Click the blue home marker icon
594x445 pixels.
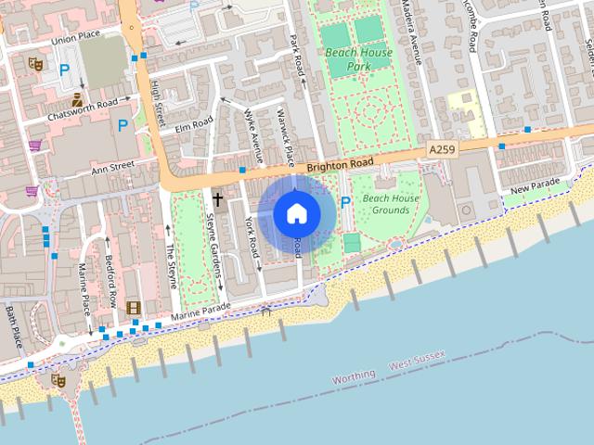pos(296,214)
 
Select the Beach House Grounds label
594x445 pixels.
pos(391,204)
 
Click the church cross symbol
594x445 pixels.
pos(218,198)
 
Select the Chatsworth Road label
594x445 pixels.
pos(84,108)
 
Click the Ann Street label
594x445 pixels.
pos(112,167)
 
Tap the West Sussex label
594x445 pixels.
pos(417,360)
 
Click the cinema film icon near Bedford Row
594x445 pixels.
pos(135,307)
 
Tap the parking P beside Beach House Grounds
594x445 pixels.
pos(346,202)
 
